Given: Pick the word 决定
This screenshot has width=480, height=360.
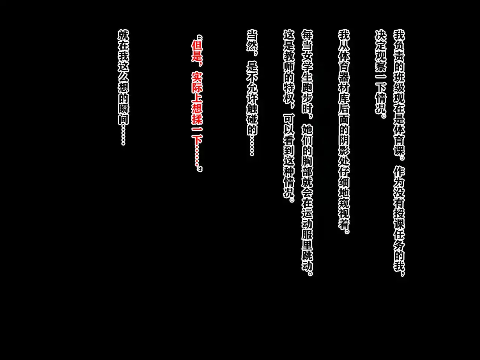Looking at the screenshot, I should [381, 42].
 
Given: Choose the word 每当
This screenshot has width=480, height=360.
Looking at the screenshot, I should [307, 42].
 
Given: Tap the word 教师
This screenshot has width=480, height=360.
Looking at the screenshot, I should [289, 62].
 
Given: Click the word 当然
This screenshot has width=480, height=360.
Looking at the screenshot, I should [252, 42].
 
